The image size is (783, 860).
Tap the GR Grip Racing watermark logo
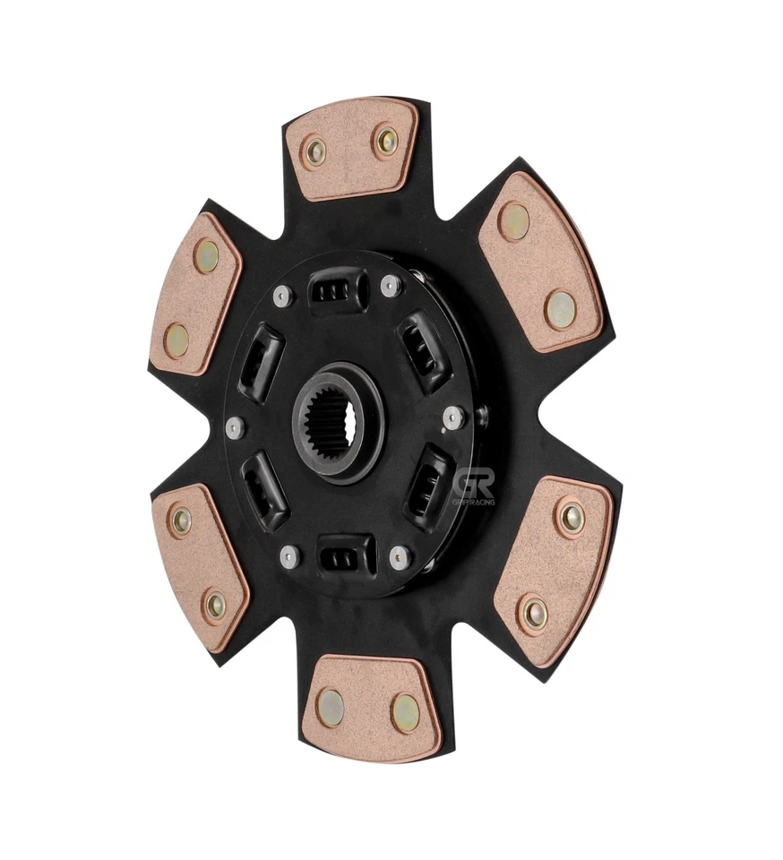pyautogui.click(x=473, y=488)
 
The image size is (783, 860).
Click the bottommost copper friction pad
pyautogui.click(x=370, y=708)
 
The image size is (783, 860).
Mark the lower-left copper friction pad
pyautogui.click(x=198, y=566)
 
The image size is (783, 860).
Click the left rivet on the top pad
pyautogui.click(x=314, y=150)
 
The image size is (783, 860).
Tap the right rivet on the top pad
pyautogui.click(x=386, y=139)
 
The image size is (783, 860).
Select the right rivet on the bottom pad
pyautogui.click(x=405, y=712)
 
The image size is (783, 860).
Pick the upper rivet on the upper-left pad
pyautogui.click(x=206, y=257)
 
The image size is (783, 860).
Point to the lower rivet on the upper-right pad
pyautogui.click(x=560, y=309)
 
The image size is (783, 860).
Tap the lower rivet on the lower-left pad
pyautogui.click(x=215, y=606)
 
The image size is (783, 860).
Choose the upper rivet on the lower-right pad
pyautogui.click(x=570, y=516)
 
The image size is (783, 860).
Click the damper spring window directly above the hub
pyautogui.click(x=337, y=291)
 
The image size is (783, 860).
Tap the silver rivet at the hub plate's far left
pyautogui.click(x=236, y=427)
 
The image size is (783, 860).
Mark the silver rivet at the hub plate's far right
pyautogui.click(x=454, y=417)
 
